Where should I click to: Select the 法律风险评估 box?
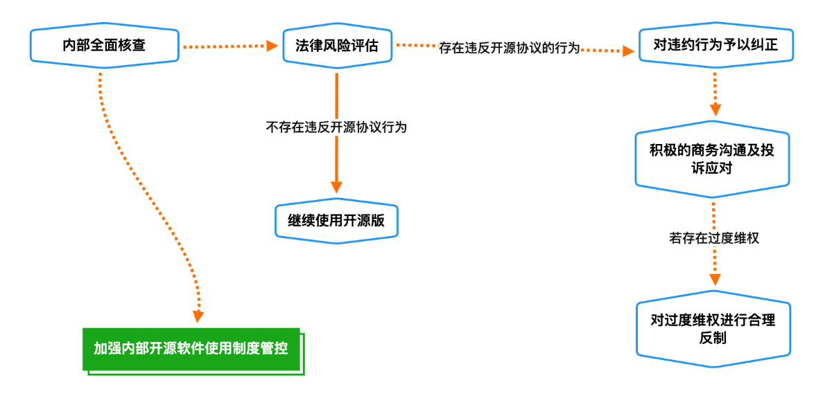tap(337, 46)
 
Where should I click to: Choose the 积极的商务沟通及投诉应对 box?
tap(712, 160)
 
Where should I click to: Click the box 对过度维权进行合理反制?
tap(713, 329)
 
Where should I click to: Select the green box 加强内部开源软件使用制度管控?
tap(191, 348)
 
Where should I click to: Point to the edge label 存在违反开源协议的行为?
tap(509, 49)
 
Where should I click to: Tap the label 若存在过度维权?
tap(714, 238)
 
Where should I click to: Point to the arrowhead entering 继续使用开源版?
tap(336, 187)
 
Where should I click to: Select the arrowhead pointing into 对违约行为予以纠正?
tap(628, 51)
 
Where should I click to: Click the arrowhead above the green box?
tap(199, 316)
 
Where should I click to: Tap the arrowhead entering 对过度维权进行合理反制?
tap(715, 279)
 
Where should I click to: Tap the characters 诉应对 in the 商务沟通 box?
tap(712, 168)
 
